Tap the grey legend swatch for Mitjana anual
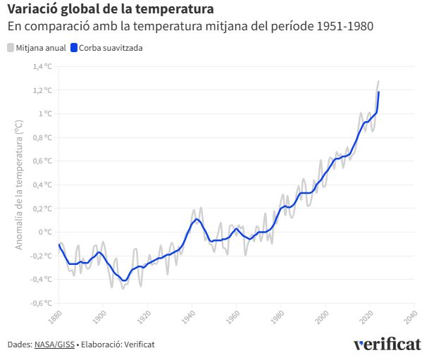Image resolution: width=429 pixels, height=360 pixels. pyautogui.click(x=11, y=48)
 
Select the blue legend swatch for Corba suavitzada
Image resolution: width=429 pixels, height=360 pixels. pyautogui.click(x=74, y=48)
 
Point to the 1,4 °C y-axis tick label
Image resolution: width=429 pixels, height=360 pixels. pyautogui.click(x=42, y=67)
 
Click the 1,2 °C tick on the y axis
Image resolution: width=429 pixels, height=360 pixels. pyautogui.click(x=42, y=90)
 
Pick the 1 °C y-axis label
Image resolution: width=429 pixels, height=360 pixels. pyautogui.click(x=45, y=114)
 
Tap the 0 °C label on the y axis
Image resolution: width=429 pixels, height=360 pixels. pyautogui.click(x=45, y=232)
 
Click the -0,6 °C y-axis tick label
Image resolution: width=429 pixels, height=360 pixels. pyautogui.click(x=41, y=303)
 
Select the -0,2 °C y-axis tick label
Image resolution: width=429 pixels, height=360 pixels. pyautogui.click(x=41, y=256)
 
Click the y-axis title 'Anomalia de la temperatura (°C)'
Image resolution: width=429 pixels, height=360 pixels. pyautogui.click(x=20, y=185)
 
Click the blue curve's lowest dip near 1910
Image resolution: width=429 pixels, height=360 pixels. pyautogui.click(x=125, y=280)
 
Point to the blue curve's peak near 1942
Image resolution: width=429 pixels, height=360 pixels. pyautogui.click(x=197, y=218)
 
